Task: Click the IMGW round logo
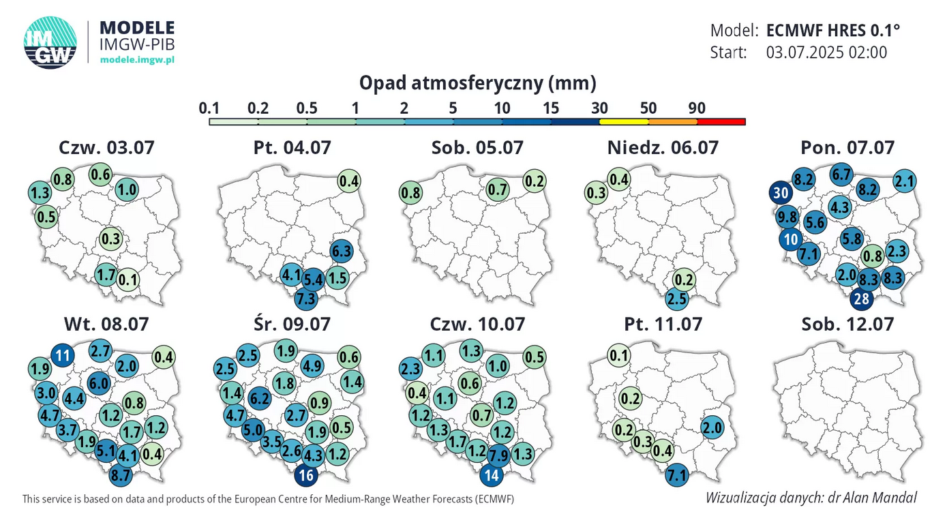coord(50,42)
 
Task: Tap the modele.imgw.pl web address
coord(137,60)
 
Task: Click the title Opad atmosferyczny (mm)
coord(477,83)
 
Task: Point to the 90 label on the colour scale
coord(696,108)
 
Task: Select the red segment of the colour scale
coord(721,122)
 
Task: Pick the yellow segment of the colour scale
coord(623,122)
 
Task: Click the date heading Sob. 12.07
coord(847,324)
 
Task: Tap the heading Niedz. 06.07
coord(662,147)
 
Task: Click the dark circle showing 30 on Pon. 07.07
coord(781,193)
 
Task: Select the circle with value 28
coord(862,298)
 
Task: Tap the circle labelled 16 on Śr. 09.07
coord(305,475)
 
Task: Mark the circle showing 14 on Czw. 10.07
coord(492,475)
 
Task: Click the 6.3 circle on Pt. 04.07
coord(341,252)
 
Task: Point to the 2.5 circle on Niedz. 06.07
coord(676,298)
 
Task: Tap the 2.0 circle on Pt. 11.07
coord(712,428)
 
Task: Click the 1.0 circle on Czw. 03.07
coord(127,190)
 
